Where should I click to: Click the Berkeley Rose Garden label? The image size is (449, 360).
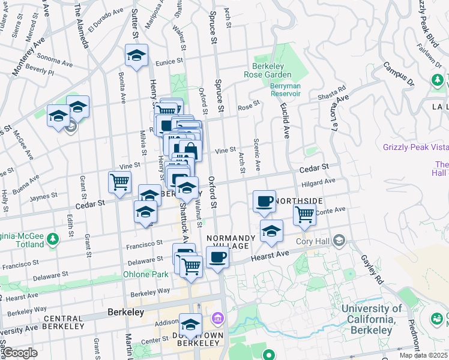pos(268,70)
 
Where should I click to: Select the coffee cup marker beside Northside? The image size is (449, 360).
pos(264,202)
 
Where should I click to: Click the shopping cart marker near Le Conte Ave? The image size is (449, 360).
pos(305,213)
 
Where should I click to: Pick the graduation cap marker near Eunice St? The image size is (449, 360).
pos(137,56)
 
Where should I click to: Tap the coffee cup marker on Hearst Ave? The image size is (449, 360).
pos(217,257)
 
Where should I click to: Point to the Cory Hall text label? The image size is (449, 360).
pos(313,241)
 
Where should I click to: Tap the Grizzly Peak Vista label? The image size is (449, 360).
pos(415,147)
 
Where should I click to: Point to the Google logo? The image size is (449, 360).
pos(19,353)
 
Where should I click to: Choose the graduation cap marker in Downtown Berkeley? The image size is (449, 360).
pos(191,325)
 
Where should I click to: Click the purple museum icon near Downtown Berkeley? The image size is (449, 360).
pos(217,318)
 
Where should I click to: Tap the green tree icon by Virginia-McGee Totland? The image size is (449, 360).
pos(53,239)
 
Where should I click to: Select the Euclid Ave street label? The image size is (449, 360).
pos(284,115)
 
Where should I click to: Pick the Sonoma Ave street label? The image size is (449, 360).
pos(55,61)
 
